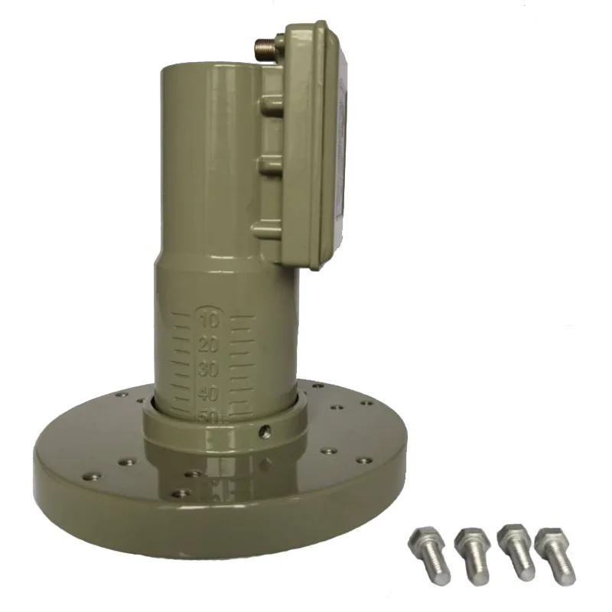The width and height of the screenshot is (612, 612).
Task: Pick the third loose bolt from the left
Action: [x=514, y=548]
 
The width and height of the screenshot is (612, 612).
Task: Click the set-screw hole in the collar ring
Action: [x=264, y=431]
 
